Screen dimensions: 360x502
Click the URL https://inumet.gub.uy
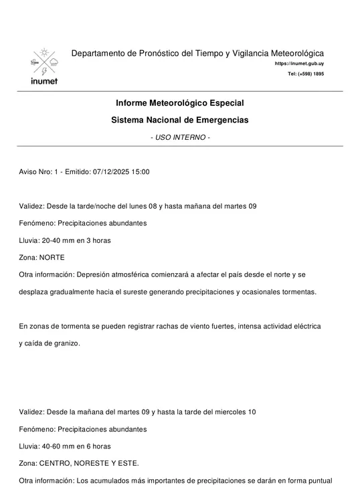[x=299, y=63]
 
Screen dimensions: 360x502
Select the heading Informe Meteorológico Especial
[x=179, y=103]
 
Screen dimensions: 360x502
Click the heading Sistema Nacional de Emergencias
[x=179, y=120]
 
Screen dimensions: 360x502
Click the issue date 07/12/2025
[x=112, y=171]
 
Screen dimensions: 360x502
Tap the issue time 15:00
[x=141, y=171]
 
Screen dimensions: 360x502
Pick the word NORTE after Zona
[x=52, y=257]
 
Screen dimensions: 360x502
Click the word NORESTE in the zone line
[x=88, y=463]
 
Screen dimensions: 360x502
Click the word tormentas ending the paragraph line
[x=296, y=292]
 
